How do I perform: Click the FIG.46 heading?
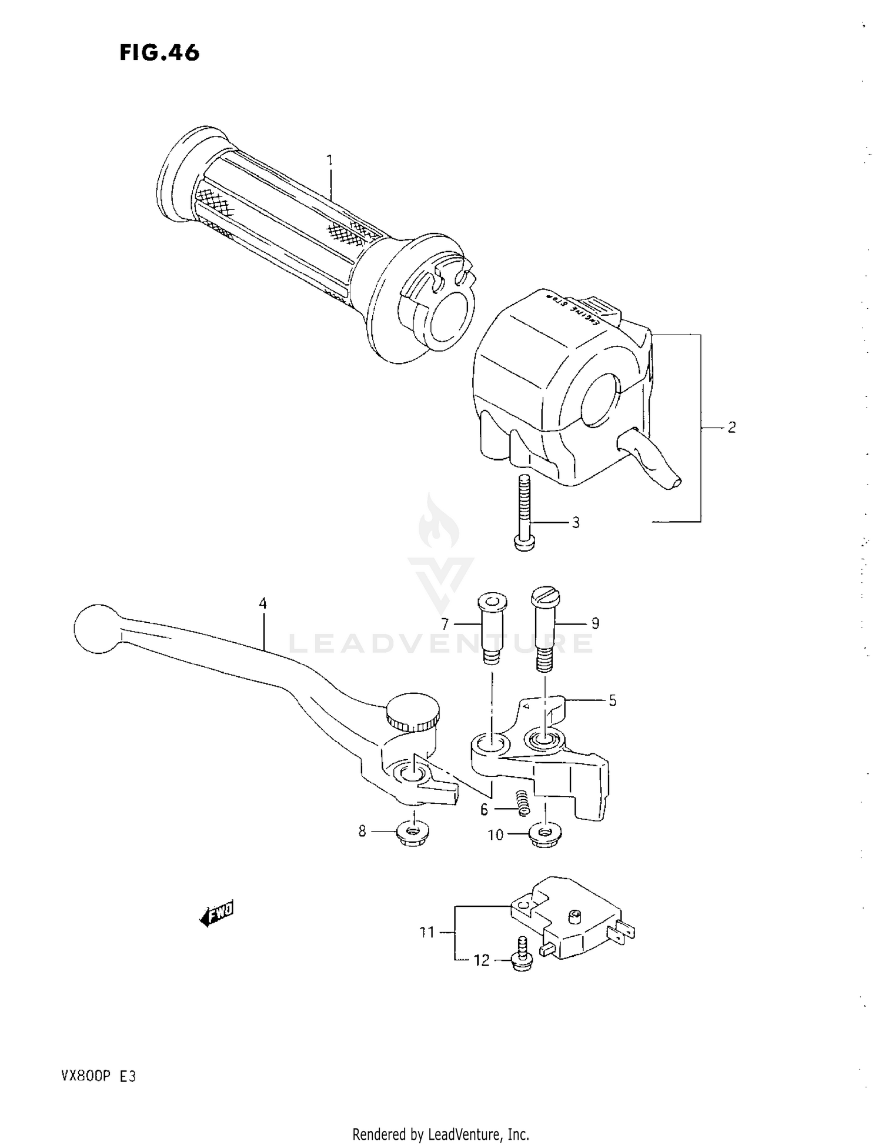pyautogui.click(x=159, y=53)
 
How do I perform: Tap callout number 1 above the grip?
pyautogui.click(x=330, y=160)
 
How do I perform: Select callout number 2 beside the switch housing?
pyautogui.click(x=731, y=428)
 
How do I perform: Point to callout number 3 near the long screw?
pyautogui.click(x=576, y=522)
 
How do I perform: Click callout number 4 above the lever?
pyautogui.click(x=263, y=603)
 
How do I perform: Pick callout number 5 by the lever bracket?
pyautogui.click(x=612, y=700)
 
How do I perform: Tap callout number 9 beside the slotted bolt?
pyautogui.click(x=595, y=623)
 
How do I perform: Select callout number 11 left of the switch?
pyautogui.click(x=427, y=932)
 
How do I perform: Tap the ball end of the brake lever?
pyautogui.click(x=96, y=628)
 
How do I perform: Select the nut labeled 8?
pyautogui.click(x=413, y=832)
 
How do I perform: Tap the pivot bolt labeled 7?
pyautogui.click(x=491, y=628)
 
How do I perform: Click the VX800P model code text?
pyautogui.click(x=79, y=1077)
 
